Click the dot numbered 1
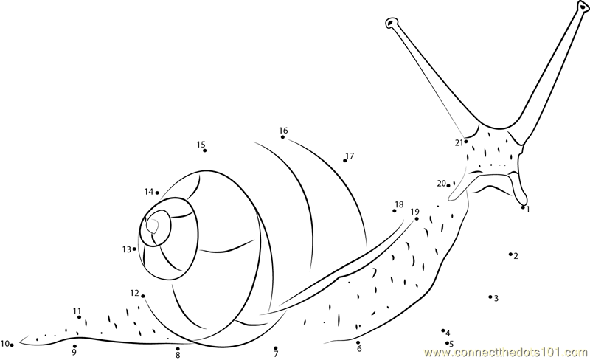pos(523,207)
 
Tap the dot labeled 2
pos(510,255)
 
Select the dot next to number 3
pos(490,297)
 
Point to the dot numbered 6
pos(358,343)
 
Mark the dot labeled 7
pos(276,348)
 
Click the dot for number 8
pos(178,349)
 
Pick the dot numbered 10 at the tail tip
pos(12,345)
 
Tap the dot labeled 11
pos(79,317)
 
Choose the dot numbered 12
pos(143,296)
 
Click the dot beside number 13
pos(134,249)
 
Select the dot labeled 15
pos(205,150)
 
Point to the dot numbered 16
pos(282,137)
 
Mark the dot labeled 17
pos(344,161)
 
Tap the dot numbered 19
pos(417,219)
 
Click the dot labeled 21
pos(466,142)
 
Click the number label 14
pos(149,192)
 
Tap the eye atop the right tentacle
pos(583,6)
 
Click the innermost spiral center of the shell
pos(153,226)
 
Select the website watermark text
pos(507,353)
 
